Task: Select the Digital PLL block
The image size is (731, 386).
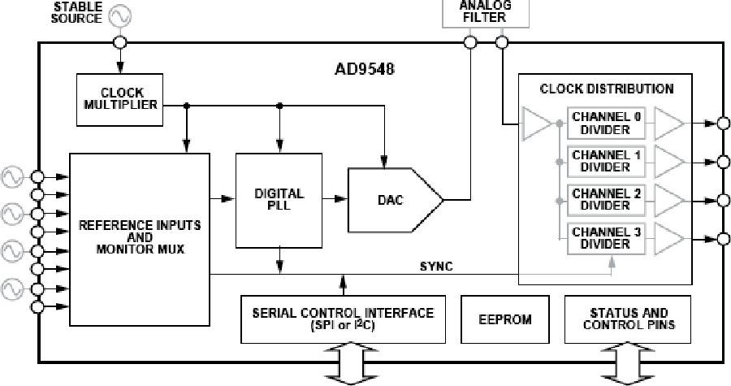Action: click(x=279, y=199)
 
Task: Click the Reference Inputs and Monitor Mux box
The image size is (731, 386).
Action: click(x=139, y=236)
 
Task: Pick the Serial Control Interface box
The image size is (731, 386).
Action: click(x=344, y=319)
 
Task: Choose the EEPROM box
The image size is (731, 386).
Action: click(x=505, y=319)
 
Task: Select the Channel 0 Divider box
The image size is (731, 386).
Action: click(x=606, y=123)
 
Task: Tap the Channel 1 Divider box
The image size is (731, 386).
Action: click(x=606, y=161)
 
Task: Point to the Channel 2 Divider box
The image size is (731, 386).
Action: click(x=606, y=200)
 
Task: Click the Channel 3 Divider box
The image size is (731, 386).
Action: click(x=606, y=238)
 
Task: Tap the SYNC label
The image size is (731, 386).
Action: click(x=436, y=267)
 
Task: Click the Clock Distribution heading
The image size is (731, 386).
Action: click(x=607, y=88)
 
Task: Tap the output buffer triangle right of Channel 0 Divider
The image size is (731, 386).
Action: click(x=668, y=124)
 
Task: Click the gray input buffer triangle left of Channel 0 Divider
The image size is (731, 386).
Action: click(x=536, y=124)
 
